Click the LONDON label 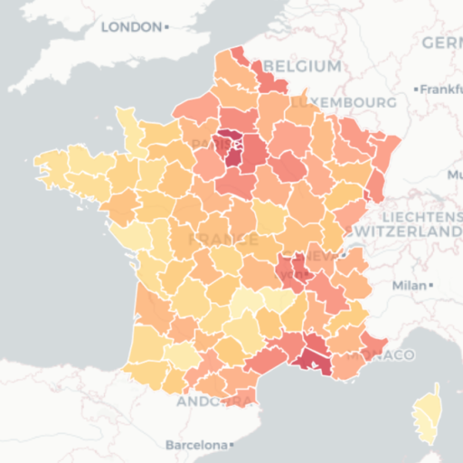130,27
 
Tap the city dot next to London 167,28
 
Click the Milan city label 409,286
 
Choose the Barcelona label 195,445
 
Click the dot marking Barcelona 232,445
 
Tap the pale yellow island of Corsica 426,415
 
